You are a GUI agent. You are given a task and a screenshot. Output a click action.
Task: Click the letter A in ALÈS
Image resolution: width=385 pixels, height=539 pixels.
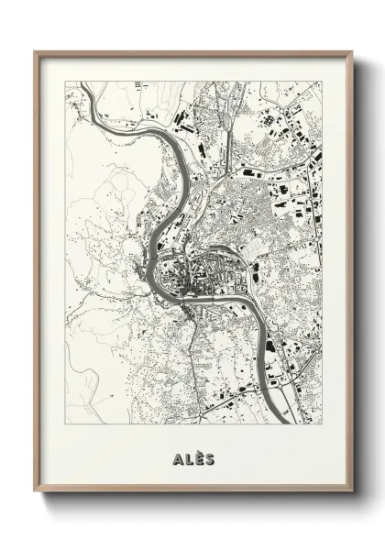click(176, 457)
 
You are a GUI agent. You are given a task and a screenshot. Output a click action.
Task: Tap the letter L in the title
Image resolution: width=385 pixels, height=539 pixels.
click(187, 457)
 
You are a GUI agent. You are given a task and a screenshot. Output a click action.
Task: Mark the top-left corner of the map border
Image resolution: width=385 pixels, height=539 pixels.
click(65, 82)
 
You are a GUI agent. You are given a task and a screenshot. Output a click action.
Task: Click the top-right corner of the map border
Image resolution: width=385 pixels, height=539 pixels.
click(322, 82)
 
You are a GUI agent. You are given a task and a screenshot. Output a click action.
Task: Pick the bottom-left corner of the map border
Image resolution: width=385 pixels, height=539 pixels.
click(65, 424)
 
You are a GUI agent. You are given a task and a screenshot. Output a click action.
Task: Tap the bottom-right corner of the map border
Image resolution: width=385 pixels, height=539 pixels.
click(322, 424)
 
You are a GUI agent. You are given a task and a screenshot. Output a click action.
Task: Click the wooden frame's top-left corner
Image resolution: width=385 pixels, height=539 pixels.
click(35, 52)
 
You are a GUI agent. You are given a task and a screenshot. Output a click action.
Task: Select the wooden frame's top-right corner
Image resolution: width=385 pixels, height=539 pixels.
click(353, 52)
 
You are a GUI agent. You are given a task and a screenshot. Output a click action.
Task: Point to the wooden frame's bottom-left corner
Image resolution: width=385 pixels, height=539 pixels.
click(35, 491)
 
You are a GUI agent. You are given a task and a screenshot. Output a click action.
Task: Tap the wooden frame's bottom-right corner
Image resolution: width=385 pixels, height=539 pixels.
click(353, 491)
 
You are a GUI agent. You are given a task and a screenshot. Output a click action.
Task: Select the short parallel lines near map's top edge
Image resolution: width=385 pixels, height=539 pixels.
click(139, 85)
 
